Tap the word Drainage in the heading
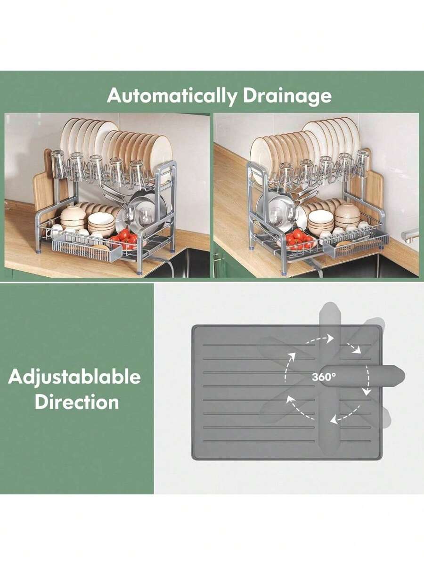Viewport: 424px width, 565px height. [x=287, y=96]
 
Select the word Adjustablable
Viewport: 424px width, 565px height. [x=74, y=377]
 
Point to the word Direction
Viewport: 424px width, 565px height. [x=76, y=403]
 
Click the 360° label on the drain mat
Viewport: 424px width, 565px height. [x=324, y=377]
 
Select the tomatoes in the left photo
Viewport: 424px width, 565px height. [x=124, y=238]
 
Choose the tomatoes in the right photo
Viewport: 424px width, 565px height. [x=299, y=239]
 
